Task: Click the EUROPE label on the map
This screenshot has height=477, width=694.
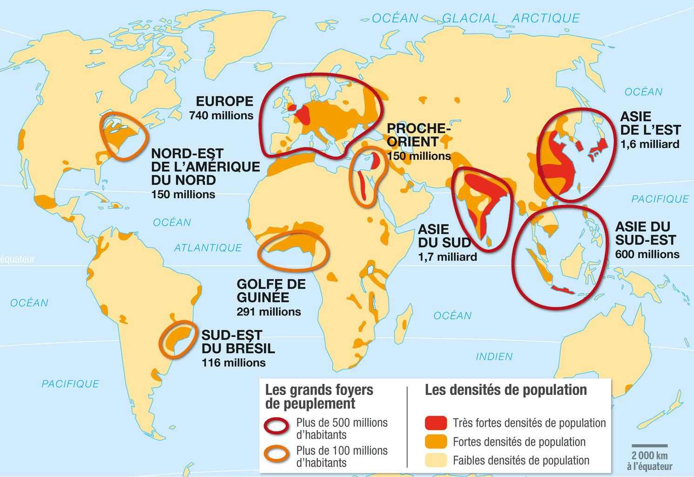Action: [224, 101]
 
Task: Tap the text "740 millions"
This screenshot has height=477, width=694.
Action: [221, 116]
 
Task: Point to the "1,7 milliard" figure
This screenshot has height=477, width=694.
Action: [447, 257]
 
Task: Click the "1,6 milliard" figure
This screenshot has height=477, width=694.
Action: [650, 144]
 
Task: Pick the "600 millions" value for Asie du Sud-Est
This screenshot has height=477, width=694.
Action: [647, 254]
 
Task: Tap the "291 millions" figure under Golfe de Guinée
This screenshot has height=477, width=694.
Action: [269, 312]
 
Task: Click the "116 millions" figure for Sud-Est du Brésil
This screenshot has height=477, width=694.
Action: [233, 362]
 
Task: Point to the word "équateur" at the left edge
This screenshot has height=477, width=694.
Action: [18, 259]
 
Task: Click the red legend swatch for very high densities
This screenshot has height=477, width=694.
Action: [436, 423]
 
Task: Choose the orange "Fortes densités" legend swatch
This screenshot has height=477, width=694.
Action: [436, 442]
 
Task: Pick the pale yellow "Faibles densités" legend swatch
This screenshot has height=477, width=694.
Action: [436, 460]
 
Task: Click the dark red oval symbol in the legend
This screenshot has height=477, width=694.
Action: [276, 426]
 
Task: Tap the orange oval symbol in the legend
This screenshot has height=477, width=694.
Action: [276, 454]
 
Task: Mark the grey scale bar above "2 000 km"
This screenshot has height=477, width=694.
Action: [649, 446]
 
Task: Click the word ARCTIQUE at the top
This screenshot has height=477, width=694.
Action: [546, 18]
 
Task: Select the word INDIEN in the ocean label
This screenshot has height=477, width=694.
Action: [494, 356]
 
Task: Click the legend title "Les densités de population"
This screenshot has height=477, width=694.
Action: [505, 390]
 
